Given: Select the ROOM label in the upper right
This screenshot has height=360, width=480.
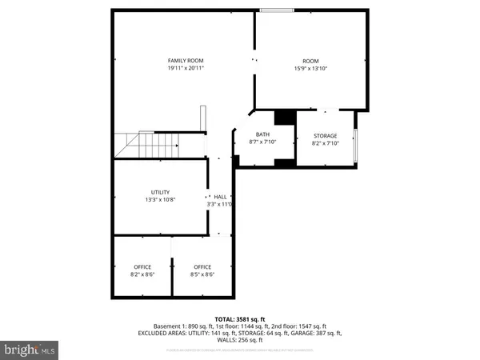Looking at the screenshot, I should pyautogui.click(x=310, y=61).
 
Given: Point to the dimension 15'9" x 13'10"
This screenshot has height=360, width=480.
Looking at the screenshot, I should pyautogui.click(x=310, y=69).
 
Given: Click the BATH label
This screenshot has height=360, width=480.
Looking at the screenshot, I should pyautogui.click(x=262, y=135).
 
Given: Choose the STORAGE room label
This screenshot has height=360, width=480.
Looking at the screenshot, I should pyautogui.click(x=324, y=135).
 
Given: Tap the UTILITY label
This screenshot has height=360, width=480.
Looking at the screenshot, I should pyautogui.click(x=160, y=192).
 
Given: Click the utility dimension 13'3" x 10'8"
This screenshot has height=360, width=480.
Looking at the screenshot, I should pyautogui.click(x=160, y=200).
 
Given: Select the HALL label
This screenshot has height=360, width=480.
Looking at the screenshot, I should pyautogui.click(x=220, y=196).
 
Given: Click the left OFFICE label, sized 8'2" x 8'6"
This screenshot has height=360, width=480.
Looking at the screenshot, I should pyautogui.click(x=140, y=266).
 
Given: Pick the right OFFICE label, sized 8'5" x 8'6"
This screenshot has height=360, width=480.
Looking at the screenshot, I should pyautogui.click(x=202, y=266).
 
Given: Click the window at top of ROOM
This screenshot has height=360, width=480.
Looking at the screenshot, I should pyautogui.click(x=276, y=10).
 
